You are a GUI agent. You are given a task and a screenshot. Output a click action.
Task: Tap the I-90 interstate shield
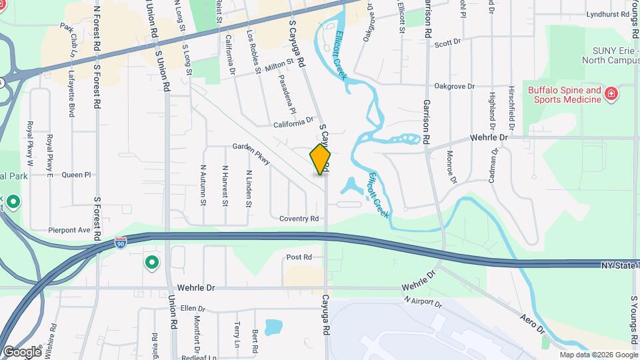pos(120,243)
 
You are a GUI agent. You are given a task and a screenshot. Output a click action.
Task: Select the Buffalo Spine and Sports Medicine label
pos(565,95)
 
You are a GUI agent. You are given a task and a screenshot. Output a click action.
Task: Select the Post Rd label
pos(299,257)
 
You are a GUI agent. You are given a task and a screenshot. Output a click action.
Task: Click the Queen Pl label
pos(75,175)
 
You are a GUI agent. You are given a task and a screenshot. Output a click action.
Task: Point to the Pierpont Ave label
pos(68,230)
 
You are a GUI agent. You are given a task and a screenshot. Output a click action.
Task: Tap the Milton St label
pos(279,65)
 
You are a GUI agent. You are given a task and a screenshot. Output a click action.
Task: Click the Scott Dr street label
pos(447,43)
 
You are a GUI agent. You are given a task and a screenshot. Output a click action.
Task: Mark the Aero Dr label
pos(533,323)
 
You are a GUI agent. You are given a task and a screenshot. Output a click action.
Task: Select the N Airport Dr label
pos(423,301)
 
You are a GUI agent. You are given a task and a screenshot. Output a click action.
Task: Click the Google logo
pos(22,351)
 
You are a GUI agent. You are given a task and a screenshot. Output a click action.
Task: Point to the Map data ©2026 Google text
pos(598,355)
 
